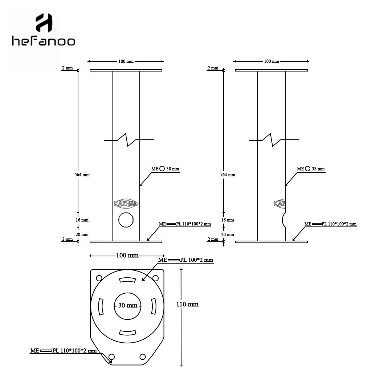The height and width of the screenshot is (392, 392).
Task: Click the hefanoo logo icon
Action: click(44, 23)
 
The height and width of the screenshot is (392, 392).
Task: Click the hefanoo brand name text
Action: click(44, 41)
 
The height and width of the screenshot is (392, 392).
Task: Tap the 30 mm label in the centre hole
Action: click(128, 305)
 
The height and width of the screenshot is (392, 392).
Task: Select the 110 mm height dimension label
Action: click(187, 304)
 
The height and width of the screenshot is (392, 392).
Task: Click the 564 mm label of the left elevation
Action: click(82, 175)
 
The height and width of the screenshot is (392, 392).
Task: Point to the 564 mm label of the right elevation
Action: click(228, 175)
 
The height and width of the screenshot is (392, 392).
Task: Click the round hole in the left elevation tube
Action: click(126, 220)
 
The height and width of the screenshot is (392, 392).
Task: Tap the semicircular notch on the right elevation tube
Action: click(283, 220)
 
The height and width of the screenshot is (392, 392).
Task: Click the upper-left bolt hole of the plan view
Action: click(99, 278)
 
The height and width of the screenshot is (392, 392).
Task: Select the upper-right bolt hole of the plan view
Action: click(155, 278)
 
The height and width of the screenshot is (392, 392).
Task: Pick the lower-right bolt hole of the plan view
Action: click(143, 356)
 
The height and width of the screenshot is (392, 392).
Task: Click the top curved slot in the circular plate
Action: click(127, 280)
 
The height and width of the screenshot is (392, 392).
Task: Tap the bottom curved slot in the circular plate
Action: click(127, 333)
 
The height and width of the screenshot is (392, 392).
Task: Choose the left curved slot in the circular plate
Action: click(101, 306)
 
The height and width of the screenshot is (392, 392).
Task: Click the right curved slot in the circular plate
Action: click(154, 306)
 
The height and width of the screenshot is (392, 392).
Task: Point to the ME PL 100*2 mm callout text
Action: click(185, 260)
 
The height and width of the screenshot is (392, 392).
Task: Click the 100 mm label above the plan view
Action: click(127, 256)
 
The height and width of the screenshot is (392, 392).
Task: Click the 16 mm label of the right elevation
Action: click(228, 220)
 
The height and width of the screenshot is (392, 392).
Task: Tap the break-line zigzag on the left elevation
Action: click(129, 140)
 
